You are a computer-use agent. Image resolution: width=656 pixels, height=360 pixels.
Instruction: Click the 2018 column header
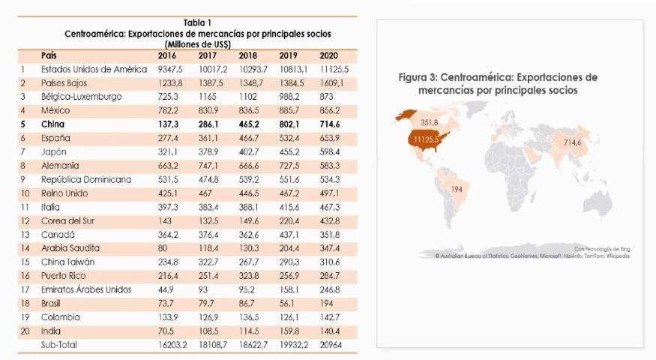(x=247, y=55)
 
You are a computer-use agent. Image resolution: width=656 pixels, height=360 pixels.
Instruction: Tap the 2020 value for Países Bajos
(x=330, y=82)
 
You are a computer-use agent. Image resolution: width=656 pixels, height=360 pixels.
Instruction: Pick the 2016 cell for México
(x=168, y=110)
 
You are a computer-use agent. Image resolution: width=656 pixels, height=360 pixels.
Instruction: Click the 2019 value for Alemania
(x=289, y=165)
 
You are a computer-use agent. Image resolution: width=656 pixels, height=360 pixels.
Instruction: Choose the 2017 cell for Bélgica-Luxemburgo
(x=207, y=97)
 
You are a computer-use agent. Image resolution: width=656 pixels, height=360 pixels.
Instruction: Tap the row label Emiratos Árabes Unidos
(x=86, y=289)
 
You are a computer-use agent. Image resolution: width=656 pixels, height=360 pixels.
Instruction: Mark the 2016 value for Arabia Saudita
(x=163, y=248)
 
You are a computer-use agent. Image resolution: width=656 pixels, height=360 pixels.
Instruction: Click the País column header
(x=49, y=55)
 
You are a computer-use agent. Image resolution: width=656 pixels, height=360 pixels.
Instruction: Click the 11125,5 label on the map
(x=426, y=139)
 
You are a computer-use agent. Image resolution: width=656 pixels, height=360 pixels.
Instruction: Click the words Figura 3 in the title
(x=417, y=77)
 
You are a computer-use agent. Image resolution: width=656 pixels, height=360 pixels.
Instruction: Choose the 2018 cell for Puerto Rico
(x=248, y=275)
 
